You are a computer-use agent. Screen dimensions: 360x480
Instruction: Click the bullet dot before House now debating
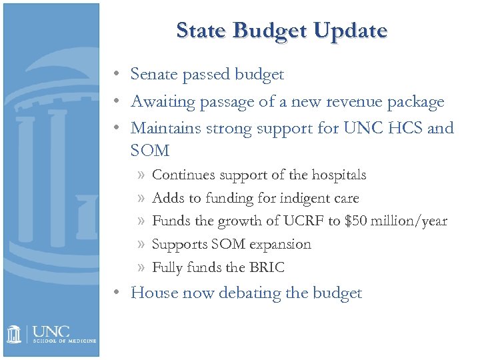(117, 293)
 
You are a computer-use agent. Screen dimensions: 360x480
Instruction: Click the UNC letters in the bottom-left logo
(51, 331)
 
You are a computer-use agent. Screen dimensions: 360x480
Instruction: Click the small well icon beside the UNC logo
(15, 333)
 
